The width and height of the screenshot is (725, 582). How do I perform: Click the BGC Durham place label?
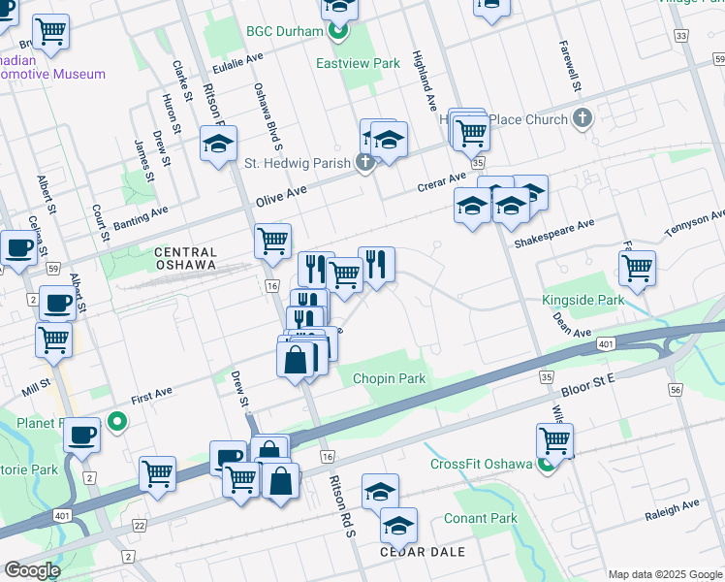click(284, 32)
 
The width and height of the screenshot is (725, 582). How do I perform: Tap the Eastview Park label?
click(358, 63)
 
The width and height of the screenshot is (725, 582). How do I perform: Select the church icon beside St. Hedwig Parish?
click(364, 162)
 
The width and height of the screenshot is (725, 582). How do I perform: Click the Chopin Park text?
click(389, 378)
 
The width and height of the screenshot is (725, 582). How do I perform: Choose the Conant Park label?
click(481, 519)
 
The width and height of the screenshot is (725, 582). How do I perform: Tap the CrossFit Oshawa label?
click(482, 463)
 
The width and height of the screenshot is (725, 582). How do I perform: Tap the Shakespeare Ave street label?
click(554, 231)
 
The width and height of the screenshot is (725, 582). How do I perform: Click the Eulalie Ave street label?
click(237, 62)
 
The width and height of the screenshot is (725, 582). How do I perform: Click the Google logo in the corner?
click(31, 570)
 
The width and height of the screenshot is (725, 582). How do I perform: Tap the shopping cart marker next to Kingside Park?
click(637, 269)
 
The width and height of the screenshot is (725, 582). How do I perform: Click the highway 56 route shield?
click(676, 388)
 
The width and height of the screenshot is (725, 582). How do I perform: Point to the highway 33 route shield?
click(681, 36)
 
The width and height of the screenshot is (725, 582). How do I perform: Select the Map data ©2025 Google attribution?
click(664, 574)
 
